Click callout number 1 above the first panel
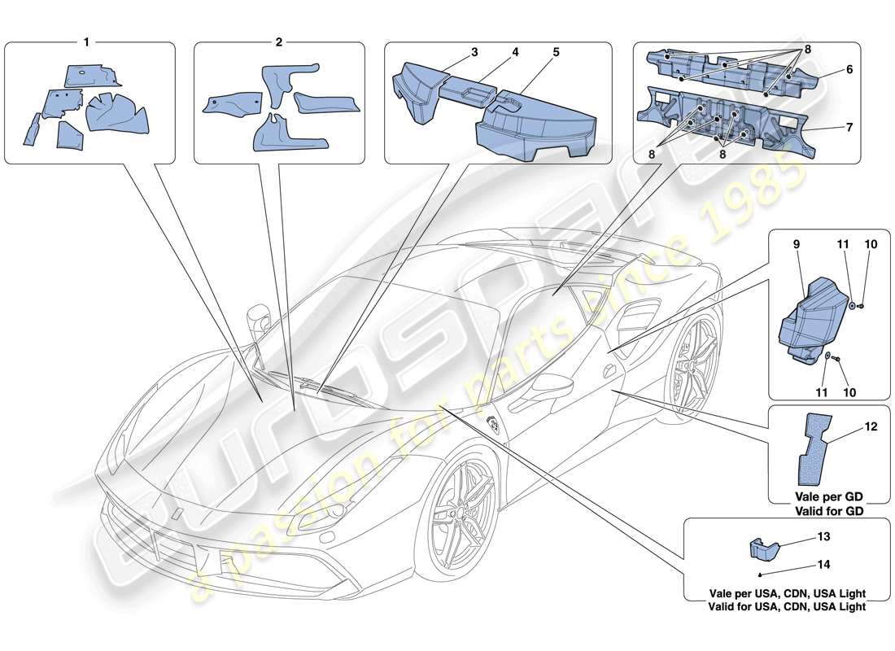tap(86, 41)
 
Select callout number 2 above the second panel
tap(278, 41)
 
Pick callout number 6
tap(848, 71)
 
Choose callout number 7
tap(848, 127)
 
